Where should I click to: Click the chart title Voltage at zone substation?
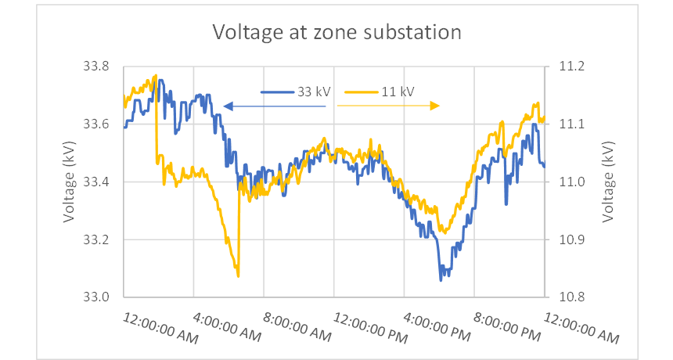click(337, 32)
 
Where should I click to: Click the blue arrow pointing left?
click(274, 106)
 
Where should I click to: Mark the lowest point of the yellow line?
click(238, 275)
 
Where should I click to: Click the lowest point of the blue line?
click(441, 279)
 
